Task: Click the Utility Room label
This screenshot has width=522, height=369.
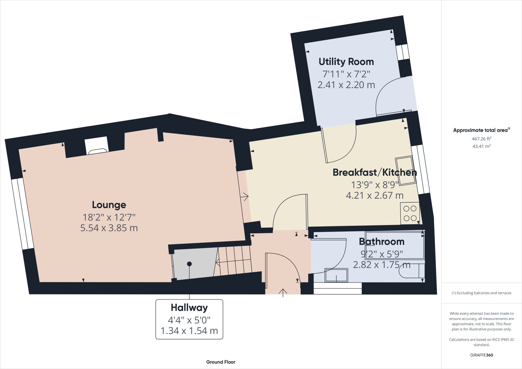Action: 346,62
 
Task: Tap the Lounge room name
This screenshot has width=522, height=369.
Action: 109,205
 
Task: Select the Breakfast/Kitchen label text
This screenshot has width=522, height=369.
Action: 374,173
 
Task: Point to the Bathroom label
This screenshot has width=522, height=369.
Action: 382,242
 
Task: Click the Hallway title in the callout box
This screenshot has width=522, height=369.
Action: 189,308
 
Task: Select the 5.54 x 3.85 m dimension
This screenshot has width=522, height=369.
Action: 109,228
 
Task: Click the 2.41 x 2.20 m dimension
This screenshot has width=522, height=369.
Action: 346,85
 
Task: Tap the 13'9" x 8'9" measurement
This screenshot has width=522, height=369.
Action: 374,185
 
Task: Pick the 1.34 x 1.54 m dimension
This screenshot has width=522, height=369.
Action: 189,331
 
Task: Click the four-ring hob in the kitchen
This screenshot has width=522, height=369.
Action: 410,213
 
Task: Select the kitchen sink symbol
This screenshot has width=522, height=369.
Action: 406,170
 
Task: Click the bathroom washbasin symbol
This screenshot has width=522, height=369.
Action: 336,275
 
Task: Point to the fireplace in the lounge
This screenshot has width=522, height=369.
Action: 97,151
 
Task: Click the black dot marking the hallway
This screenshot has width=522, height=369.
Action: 189,264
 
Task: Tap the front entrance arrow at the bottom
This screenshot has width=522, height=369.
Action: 283,292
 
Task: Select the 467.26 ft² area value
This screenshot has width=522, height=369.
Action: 481,139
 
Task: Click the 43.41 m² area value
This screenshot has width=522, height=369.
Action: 481,146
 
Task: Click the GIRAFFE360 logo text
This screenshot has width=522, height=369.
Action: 481,355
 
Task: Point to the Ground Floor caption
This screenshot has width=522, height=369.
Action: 220,362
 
